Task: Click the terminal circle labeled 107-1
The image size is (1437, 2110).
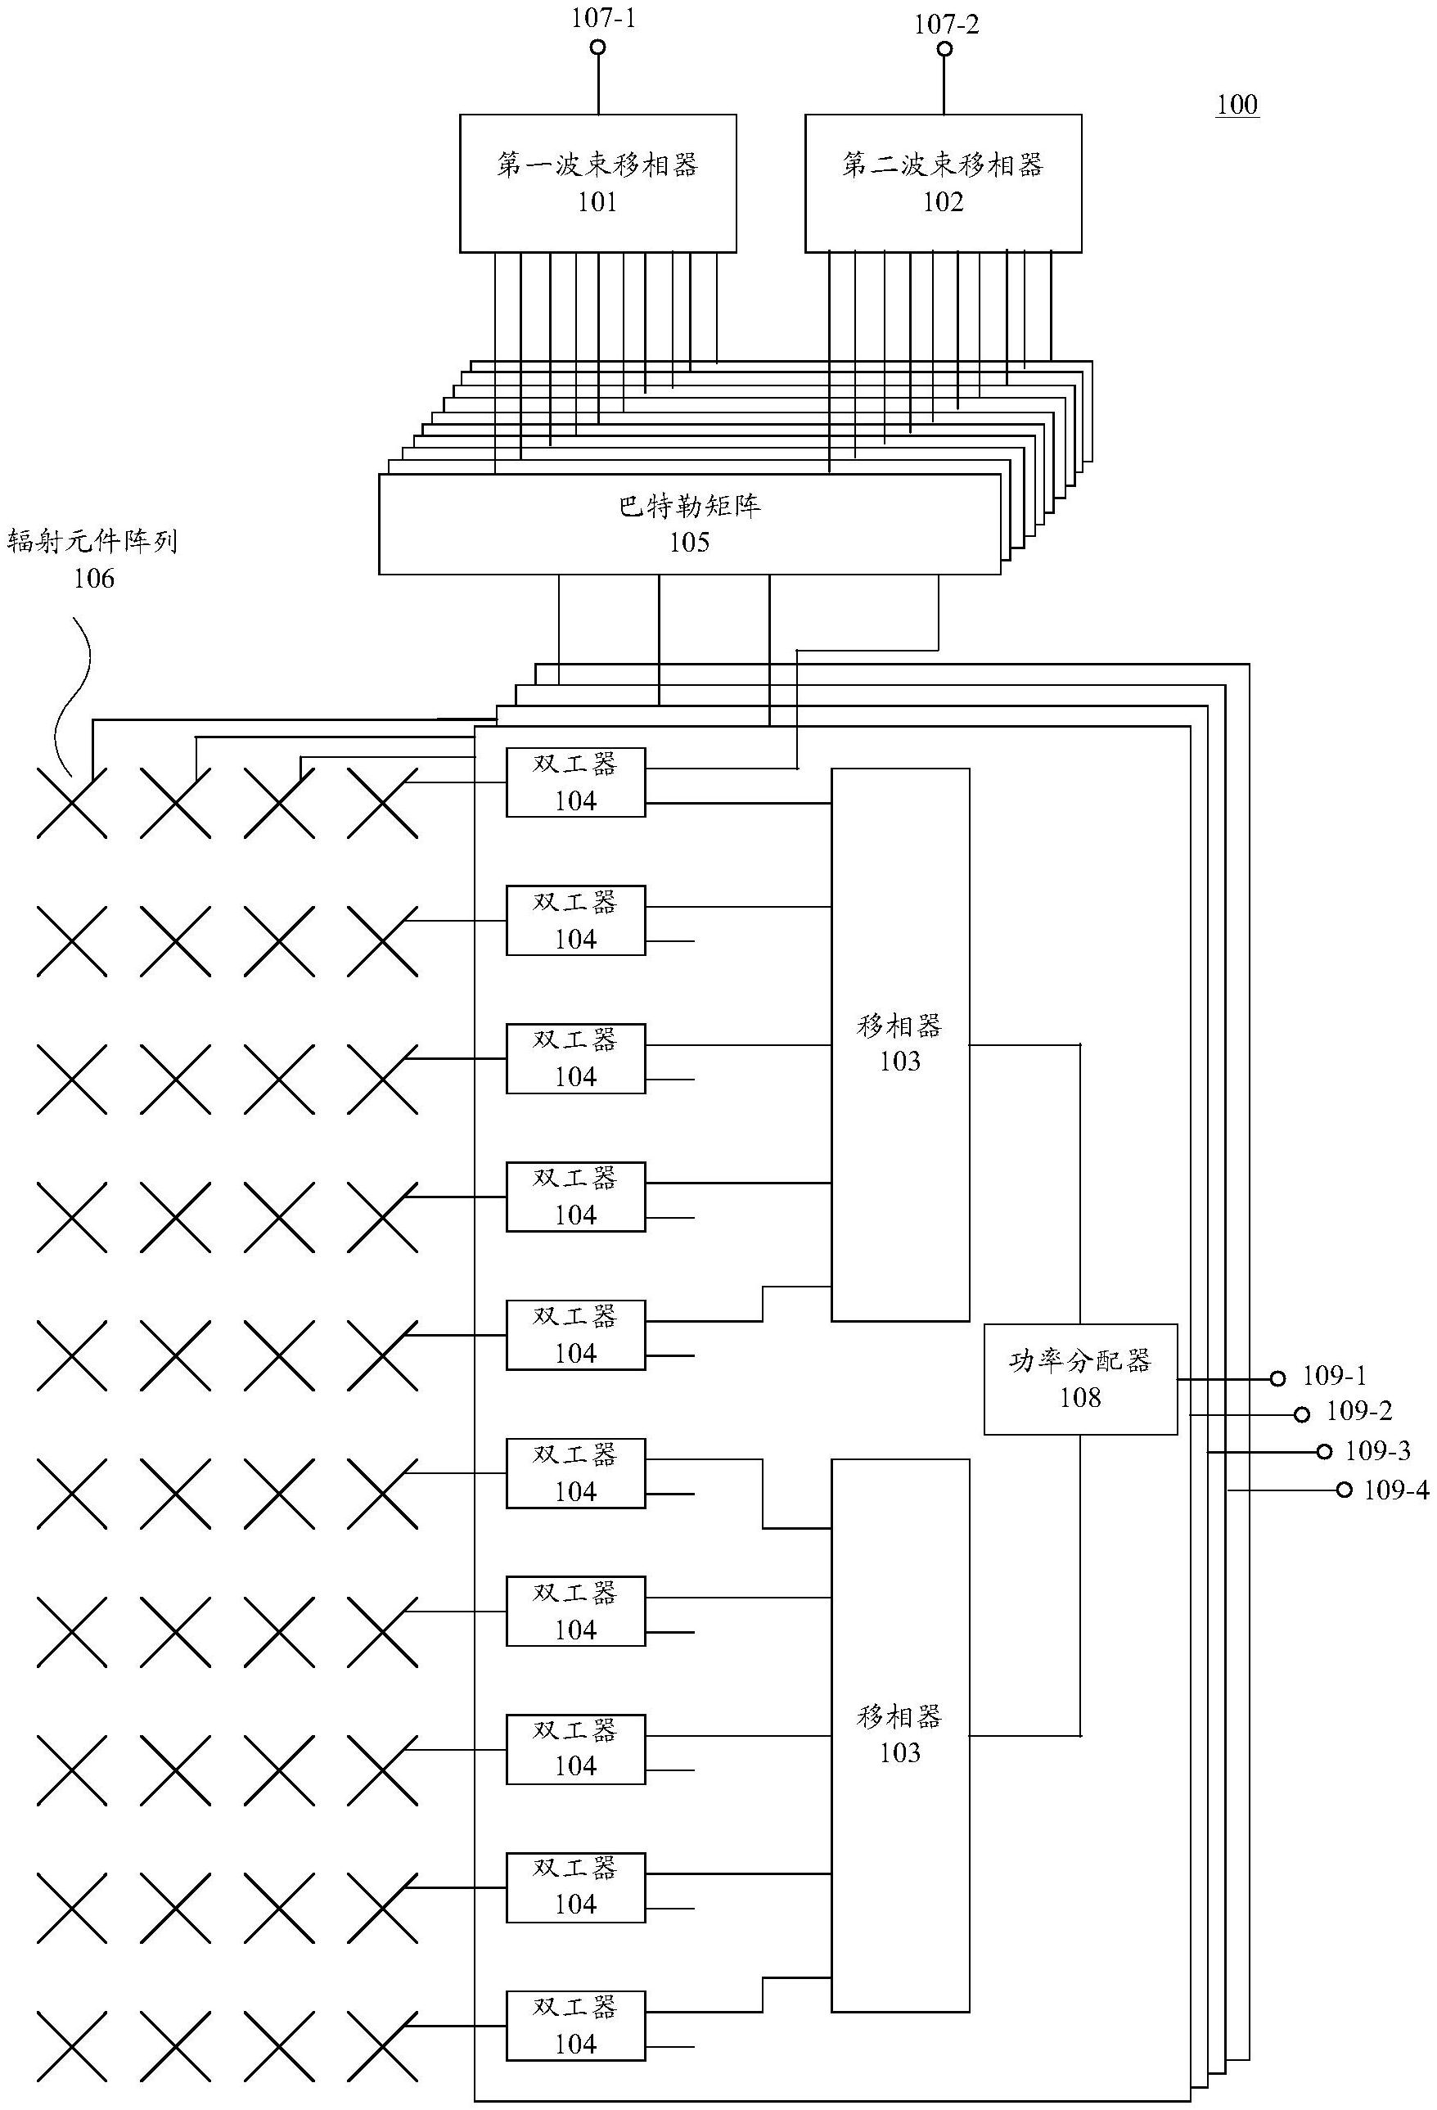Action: (x=597, y=47)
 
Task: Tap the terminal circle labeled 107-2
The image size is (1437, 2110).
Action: (x=944, y=49)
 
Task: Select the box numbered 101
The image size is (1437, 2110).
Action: (x=597, y=183)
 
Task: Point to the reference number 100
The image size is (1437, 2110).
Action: (x=1237, y=106)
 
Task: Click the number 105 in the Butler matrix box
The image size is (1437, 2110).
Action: (x=689, y=543)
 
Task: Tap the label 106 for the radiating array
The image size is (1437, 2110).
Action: (x=93, y=579)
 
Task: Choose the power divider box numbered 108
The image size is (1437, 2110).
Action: (x=1079, y=1379)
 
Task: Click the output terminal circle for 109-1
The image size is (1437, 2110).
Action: (x=1277, y=1378)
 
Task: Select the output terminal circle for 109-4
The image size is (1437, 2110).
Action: (x=1344, y=1490)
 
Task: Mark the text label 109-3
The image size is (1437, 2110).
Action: (x=1377, y=1451)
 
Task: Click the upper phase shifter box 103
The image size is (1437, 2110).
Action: (x=899, y=1044)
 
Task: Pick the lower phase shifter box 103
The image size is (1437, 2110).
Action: (x=899, y=1735)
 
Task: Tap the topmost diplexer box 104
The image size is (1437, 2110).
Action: (x=574, y=782)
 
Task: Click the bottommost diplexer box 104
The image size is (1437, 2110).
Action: (x=574, y=2025)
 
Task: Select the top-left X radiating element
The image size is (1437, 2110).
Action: (x=72, y=803)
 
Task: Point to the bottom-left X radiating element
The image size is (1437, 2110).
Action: (x=72, y=2046)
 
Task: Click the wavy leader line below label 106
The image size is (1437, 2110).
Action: (x=76, y=690)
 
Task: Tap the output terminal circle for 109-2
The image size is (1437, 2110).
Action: (x=1301, y=1414)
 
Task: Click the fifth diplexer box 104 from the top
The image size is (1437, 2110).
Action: (x=574, y=1335)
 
